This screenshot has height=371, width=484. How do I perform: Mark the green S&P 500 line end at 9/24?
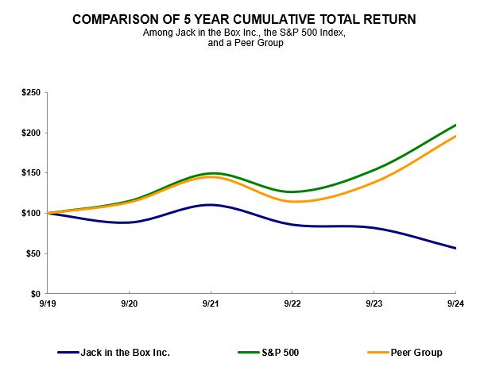coord(455,125)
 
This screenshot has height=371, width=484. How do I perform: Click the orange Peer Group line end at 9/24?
coord(455,136)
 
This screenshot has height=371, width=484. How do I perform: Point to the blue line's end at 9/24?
coord(455,249)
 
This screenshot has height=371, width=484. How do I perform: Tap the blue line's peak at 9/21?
coord(211,205)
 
